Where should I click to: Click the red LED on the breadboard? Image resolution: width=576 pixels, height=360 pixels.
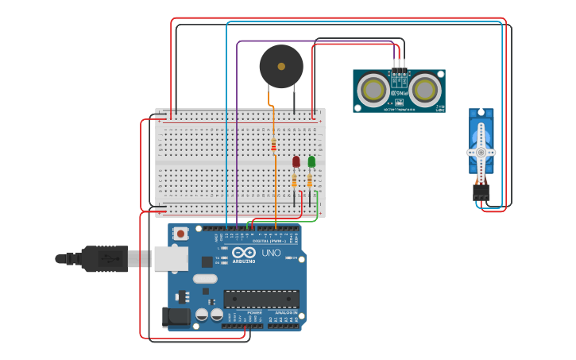pos(296,161)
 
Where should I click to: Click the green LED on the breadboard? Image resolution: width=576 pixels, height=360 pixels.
pos(311,161)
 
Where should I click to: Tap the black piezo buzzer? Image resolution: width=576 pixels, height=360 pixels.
pos(281,66)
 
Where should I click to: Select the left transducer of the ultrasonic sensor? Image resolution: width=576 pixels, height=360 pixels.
pos(373,90)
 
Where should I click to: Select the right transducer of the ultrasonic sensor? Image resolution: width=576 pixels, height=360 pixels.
pos(425,90)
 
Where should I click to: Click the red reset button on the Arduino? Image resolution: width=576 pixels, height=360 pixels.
pos(181,234)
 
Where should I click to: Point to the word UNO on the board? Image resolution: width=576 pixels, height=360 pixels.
pos(271,254)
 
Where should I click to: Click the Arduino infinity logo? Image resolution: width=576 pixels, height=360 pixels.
pos(244,253)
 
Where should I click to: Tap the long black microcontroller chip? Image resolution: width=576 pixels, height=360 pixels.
pos(261,299)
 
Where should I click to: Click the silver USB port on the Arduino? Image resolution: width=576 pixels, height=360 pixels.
pos(170,258)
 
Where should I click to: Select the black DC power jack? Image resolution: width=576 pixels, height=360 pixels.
pos(176,317)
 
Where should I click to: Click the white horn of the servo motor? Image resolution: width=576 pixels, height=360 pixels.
pos(481,151)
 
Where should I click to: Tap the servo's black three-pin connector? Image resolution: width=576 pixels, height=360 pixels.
pos(481,192)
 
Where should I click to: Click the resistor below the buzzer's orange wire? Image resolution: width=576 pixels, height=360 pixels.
pos(274,145)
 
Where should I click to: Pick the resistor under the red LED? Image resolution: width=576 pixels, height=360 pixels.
pos(295,181)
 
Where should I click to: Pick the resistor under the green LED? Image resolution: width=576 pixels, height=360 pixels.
pos(310,181)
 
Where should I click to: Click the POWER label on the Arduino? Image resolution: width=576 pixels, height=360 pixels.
pos(254,313)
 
